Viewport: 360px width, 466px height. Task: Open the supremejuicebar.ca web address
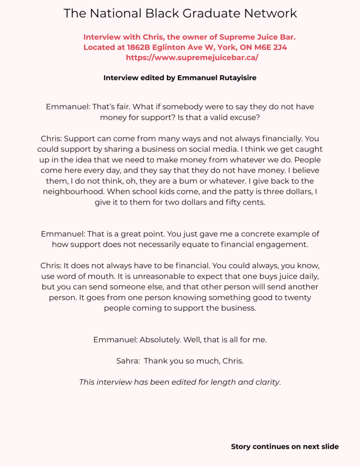coord(192,58)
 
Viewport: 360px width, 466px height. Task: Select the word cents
coord(253,203)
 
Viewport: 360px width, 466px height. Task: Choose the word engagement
coord(279,244)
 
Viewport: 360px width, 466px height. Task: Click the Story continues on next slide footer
coord(284,446)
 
